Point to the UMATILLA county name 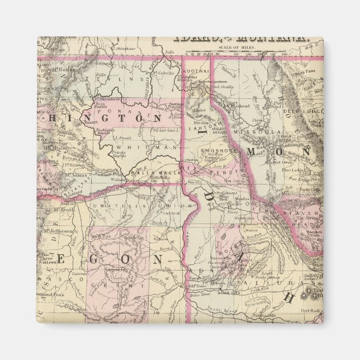click(113, 206)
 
